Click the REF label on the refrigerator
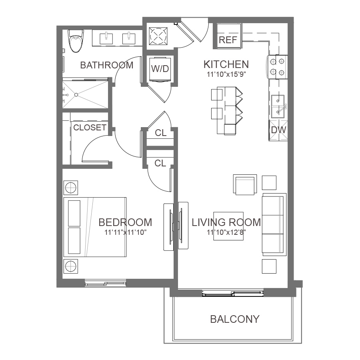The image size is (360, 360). tap(228, 40)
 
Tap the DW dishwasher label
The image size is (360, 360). tap(278, 130)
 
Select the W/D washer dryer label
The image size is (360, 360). tap(160, 69)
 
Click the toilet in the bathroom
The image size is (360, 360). tap(76, 41)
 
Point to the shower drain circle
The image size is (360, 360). tap(76, 94)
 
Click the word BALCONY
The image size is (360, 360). tap(235, 319)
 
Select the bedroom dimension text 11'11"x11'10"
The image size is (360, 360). tap(125, 232)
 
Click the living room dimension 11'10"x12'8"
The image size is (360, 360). tap(226, 232)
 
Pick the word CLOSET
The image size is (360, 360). tap(90, 128)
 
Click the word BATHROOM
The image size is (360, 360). tap(107, 65)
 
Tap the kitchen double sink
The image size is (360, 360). tap(278, 106)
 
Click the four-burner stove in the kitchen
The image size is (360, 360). tap(277, 67)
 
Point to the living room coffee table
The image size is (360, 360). tap(228, 226)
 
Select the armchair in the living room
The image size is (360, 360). tap(245, 184)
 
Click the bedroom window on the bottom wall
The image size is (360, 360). tap(105, 283)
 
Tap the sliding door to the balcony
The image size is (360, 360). tap(233, 293)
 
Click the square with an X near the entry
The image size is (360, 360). tap(158, 36)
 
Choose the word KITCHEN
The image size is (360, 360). tap(226, 64)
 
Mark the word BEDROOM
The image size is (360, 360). tap(125, 222)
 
